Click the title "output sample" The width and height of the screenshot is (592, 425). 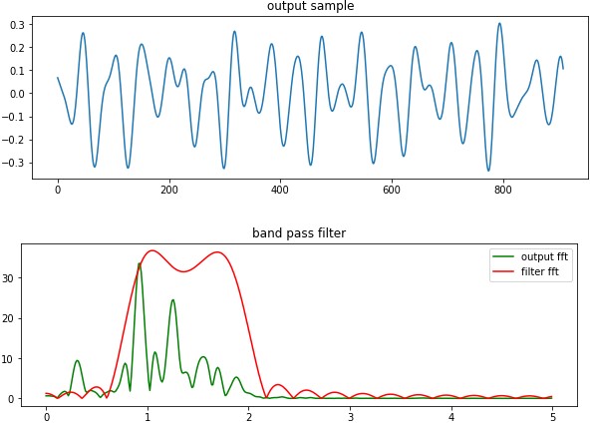click(310, 7)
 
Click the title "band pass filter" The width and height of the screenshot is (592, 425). click(298, 233)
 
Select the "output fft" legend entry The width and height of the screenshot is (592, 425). click(536, 256)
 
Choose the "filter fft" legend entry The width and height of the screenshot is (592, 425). click(535, 272)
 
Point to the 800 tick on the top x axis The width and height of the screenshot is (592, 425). click(502, 189)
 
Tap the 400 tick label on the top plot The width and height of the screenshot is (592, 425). click(280, 189)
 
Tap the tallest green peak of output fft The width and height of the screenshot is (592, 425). click(139, 263)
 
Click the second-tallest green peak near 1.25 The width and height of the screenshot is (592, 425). click(172, 299)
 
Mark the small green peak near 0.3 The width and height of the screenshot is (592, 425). click(77, 360)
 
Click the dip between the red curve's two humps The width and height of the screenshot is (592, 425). click(183, 271)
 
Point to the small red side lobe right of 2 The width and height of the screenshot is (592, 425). click(278, 385)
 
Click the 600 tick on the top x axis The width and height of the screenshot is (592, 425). click(391, 189)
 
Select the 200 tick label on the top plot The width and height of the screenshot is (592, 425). click(168, 189)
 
